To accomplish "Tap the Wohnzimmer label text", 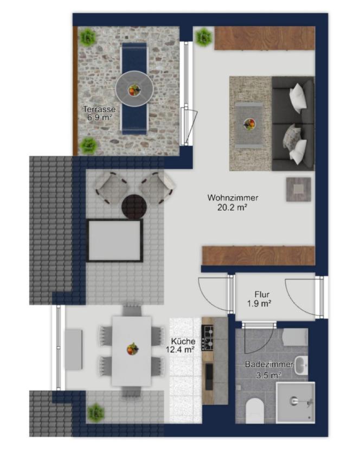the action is pyautogui.click(x=233, y=198).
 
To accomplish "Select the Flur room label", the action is pyautogui.click(x=262, y=294).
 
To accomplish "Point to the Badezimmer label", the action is pyautogui.click(x=269, y=364).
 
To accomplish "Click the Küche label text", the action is pyautogui.click(x=183, y=342).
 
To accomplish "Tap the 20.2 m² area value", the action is pyautogui.click(x=232, y=207).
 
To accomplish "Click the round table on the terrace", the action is pyautogui.click(x=134, y=89).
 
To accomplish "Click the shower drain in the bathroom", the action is pyautogui.click(x=293, y=400).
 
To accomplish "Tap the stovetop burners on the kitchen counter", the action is pyautogui.click(x=208, y=338).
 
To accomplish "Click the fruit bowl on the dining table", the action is pyautogui.click(x=133, y=349).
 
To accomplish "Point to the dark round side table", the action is pyautogui.click(x=134, y=207).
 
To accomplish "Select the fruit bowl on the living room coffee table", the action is pyautogui.click(x=249, y=124).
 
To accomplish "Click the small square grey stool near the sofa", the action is pyautogui.click(x=299, y=189).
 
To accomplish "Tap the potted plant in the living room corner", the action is pyautogui.click(x=203, y=37).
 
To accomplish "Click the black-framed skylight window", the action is pyautogui.click(x=115, y=241).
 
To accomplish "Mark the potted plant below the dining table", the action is pyautogui.click(x=96, y=413).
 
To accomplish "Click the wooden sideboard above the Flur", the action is pyautogui.click(x=259, y=255).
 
